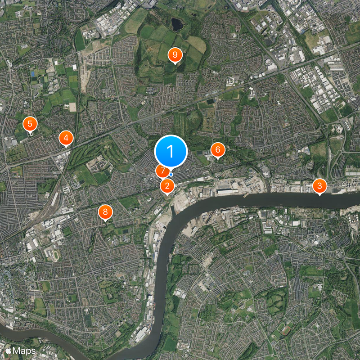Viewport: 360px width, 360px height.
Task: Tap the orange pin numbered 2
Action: click(167, 185)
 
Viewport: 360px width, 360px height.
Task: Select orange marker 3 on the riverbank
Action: click(319, 185)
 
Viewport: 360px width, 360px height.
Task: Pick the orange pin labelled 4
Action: click(66, 138)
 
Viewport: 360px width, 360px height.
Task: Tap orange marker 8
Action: click(105, 211)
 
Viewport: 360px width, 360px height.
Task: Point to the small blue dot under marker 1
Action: click(171, 174)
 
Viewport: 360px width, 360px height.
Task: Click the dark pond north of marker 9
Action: click(177, 23)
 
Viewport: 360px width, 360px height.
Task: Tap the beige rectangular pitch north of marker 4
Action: click(72, 107)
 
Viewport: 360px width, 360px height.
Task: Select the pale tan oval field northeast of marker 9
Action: click(197, 44)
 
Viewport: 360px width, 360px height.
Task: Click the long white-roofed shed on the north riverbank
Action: click(228, 191)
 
